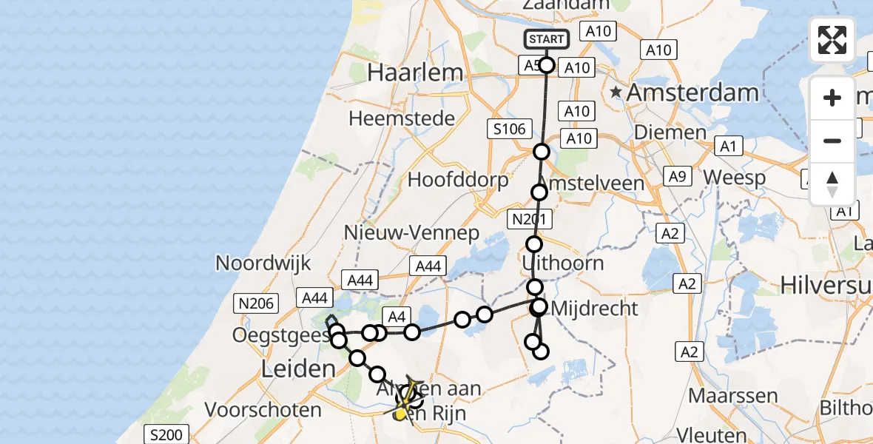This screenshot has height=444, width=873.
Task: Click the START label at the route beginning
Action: (x=547, y=39)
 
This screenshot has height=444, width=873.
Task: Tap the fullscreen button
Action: (x=832, y=40)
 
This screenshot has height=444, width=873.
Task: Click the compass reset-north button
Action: (x=832, y=184)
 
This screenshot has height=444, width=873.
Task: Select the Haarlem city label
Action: (x=416, y=73)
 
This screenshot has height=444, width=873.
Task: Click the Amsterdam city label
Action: (x=693, y=93)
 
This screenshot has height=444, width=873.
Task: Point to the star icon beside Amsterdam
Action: (x=616, y=92)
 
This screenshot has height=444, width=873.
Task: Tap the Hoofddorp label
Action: (x=459, y=180)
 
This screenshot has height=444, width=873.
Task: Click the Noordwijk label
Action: (x=263, y=263)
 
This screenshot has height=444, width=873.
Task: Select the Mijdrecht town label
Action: (x=594, y=308)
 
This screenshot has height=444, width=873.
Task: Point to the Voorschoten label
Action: (x=263, y=409)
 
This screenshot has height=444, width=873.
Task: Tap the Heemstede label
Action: (x=402, y=118)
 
